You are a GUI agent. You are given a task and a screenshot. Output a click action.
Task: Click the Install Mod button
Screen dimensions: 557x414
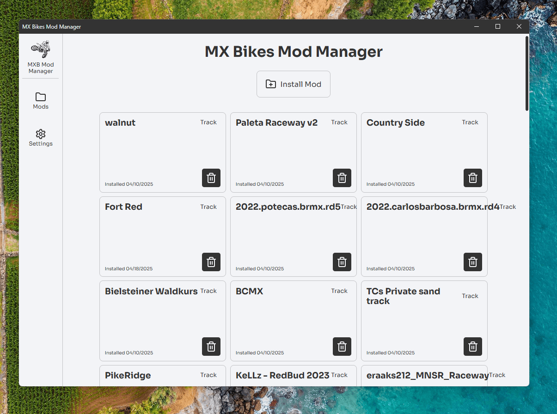click(294, 84)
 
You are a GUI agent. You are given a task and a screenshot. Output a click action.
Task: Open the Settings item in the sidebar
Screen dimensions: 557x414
click(40, 138)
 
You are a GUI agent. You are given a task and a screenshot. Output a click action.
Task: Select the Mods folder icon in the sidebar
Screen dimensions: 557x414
click(40, 97)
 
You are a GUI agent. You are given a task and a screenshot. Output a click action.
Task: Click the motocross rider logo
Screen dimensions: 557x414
click(40, 49)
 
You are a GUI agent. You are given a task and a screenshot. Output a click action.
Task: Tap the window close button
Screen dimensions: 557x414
click(519, 26)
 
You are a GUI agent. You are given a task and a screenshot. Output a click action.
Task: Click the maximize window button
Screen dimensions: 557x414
click(497, 26)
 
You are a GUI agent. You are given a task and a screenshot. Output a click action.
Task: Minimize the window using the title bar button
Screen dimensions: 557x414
click(477, 26)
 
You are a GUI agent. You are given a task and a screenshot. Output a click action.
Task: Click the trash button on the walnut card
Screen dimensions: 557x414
click(211, 178)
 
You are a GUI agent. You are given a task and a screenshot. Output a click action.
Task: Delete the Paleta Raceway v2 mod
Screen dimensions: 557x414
click(342, 178)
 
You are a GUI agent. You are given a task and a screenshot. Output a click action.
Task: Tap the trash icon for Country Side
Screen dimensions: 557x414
click(473, 178)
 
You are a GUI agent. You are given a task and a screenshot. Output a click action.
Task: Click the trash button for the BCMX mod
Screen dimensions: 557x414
click(342, 347)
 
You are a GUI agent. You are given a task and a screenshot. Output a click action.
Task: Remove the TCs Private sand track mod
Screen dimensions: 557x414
click(473, 347)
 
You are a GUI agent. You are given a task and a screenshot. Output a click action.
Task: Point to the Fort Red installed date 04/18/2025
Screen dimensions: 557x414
click(129, 268)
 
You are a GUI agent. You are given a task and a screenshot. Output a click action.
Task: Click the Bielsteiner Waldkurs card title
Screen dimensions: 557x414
click(151, 291)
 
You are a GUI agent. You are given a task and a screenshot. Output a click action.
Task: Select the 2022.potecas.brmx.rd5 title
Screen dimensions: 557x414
click(288, 207)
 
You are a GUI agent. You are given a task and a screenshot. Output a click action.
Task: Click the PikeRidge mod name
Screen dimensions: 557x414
click(128, 376)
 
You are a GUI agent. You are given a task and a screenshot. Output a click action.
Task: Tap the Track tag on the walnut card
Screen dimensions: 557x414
click(208, 122)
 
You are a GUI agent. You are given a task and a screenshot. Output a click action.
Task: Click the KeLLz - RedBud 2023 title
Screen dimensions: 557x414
click(282, 375)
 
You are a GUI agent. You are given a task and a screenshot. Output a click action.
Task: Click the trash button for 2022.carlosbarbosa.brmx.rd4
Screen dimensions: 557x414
click(473, 262)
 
